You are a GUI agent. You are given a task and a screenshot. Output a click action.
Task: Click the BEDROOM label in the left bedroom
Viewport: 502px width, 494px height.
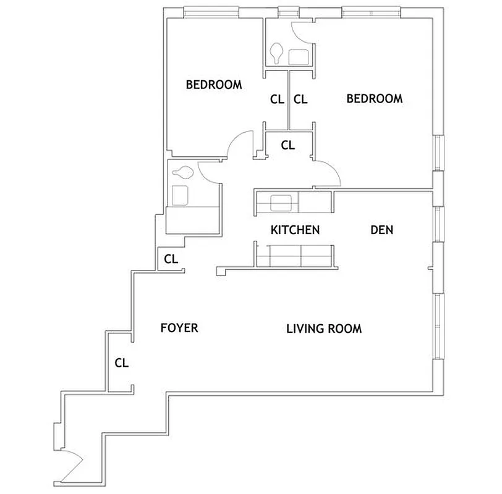[x=214, y=85]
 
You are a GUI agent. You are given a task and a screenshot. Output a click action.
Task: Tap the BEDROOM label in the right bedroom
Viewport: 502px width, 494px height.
[x=375, y=98]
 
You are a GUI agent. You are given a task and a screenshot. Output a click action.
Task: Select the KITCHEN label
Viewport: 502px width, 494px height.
[x=295, y=230]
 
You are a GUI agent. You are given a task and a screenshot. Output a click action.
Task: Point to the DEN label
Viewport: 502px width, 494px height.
[x=382, y=230]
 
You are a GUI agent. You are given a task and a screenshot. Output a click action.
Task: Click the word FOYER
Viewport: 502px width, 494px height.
[x=179, y=327]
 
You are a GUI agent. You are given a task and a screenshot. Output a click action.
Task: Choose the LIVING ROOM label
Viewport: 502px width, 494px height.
[x=324, y=329]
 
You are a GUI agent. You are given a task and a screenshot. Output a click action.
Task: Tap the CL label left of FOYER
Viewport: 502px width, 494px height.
[x=121, y=363]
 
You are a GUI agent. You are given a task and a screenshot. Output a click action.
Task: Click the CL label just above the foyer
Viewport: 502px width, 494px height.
[x=171, y=258]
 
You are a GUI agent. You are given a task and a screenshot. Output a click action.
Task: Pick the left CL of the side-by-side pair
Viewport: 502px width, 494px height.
[x=277, y=98]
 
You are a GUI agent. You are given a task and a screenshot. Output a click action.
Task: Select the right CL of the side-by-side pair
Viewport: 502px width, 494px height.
[x=300, y=98]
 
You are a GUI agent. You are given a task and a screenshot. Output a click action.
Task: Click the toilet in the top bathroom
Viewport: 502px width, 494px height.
[x=277, y=52]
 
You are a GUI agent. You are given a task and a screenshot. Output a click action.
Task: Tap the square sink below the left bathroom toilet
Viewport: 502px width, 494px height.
[x=181, y=195]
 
